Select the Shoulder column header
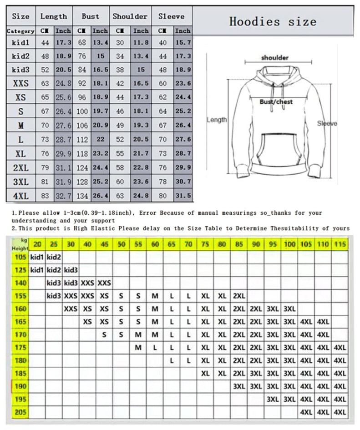[x=130, y=16]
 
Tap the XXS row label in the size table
[x=20, y=83]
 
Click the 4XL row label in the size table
[x=20, y=196]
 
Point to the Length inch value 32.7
[x=63, y=196]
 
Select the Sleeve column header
[x=172, y=16]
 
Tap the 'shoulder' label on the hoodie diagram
[x=275, y=58]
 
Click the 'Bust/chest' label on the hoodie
[x=276, y=102]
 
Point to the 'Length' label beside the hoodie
[x=217, y=120]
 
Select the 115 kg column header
[x=340, y=244]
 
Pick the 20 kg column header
[x=37, y=244]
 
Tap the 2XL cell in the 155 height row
[x=239, y=296]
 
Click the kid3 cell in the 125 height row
[x=71, y=270]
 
